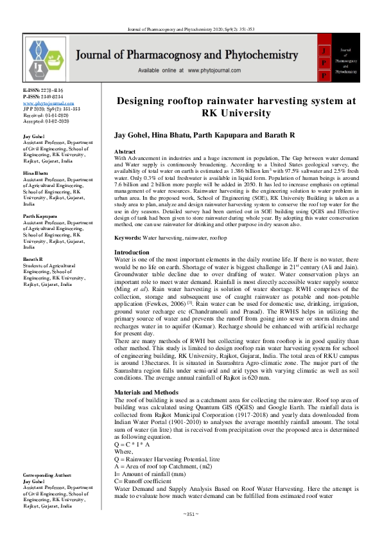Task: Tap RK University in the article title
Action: coord(235,114)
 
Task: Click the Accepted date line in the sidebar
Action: coord(49,121)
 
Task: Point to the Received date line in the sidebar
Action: coord(49,115)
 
